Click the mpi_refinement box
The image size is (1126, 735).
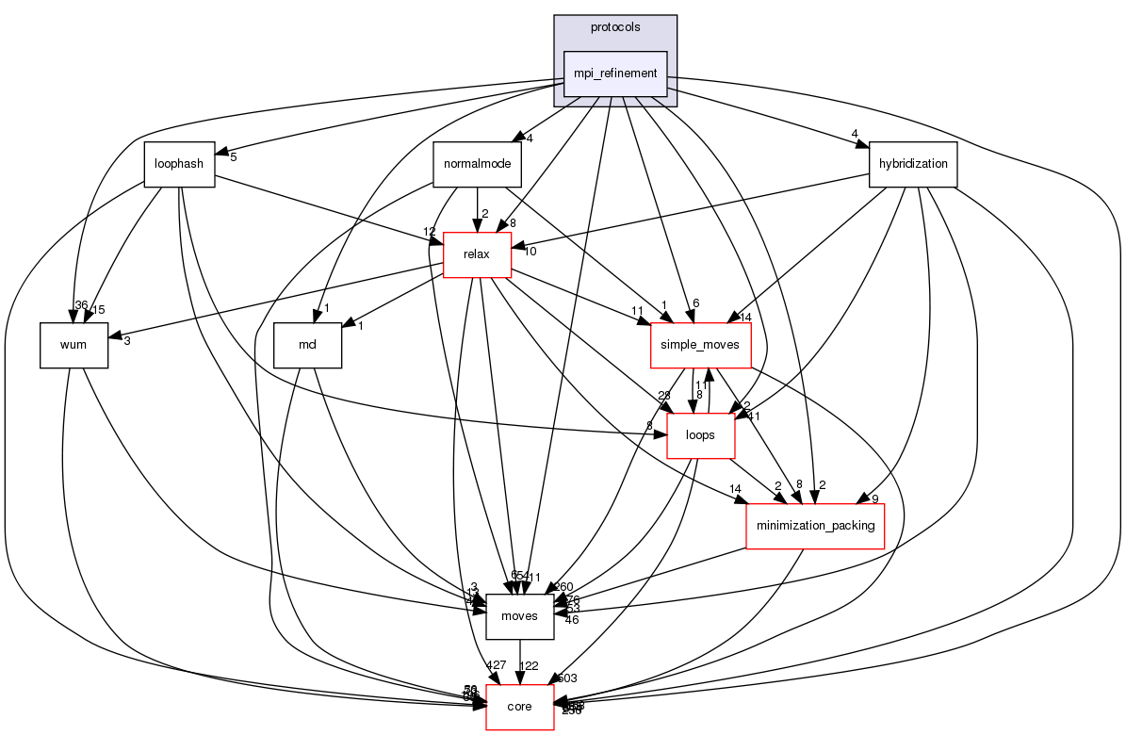[x=615, y=73]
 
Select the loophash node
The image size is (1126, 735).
[x=179, y=164]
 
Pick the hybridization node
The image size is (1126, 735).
[x=913, y=164]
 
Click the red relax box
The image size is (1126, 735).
[x=477, y=254]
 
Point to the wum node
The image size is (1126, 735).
[x=73, y=345]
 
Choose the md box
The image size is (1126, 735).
[x=307, y=345]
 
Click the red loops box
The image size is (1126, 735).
[x=701, y=435]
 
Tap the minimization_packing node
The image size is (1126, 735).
[x=816, y=525]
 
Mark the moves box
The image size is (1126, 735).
[x=519, y=616]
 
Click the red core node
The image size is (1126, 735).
[x=519, y=707]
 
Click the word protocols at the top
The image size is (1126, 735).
[x=615, y=27]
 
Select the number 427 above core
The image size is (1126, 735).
[x=497, y=666]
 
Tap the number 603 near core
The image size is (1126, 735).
[x=567, y=678]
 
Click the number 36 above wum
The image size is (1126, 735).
[x=81, y=304]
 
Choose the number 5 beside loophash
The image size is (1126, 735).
[x=233, y=156]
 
